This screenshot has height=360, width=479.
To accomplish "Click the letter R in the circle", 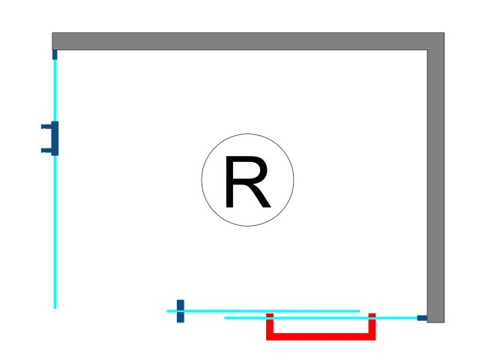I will (x=246, y=182).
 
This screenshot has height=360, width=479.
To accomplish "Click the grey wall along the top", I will (x=240, y=41).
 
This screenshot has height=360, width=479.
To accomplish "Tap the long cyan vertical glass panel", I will (x=55, y=225).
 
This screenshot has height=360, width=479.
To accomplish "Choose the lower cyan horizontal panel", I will (x=315, y=318).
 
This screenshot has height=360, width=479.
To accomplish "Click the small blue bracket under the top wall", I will (x=55, y=54).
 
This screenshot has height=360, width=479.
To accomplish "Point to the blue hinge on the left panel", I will (x=55, y=138).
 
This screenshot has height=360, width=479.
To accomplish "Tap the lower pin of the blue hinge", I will (x=46, y=150).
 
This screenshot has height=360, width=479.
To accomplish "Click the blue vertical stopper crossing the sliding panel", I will (x=180, y=311).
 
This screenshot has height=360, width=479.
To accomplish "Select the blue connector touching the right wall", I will (x=422, y=318).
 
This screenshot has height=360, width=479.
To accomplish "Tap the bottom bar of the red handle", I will (x=321, y=337).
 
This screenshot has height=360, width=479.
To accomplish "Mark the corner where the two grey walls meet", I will (x=436, y=41).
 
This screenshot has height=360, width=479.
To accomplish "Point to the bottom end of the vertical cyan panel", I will (x=55, y=306).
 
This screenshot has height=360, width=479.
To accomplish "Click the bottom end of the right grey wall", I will (x=436, y=320).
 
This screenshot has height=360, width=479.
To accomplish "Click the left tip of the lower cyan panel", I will (x=226, y=318).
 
